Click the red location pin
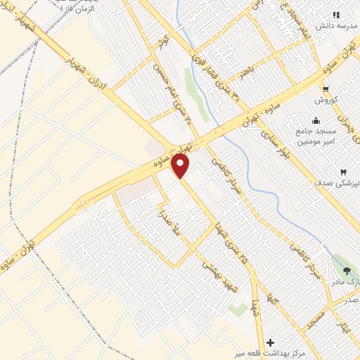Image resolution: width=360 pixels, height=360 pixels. pos(181,165)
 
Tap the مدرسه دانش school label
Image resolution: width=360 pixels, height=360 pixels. pos(332,26)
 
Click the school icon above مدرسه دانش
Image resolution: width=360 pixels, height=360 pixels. pos(336,14)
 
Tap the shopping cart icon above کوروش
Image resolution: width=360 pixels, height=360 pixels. pos(326,89)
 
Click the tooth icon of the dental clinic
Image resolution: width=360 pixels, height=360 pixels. pos(344,172)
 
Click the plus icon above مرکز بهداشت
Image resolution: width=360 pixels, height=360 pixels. pos(271,342)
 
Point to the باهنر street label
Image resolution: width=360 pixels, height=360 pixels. pos(245,72)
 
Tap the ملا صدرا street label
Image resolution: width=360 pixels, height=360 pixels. pos(170,222)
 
